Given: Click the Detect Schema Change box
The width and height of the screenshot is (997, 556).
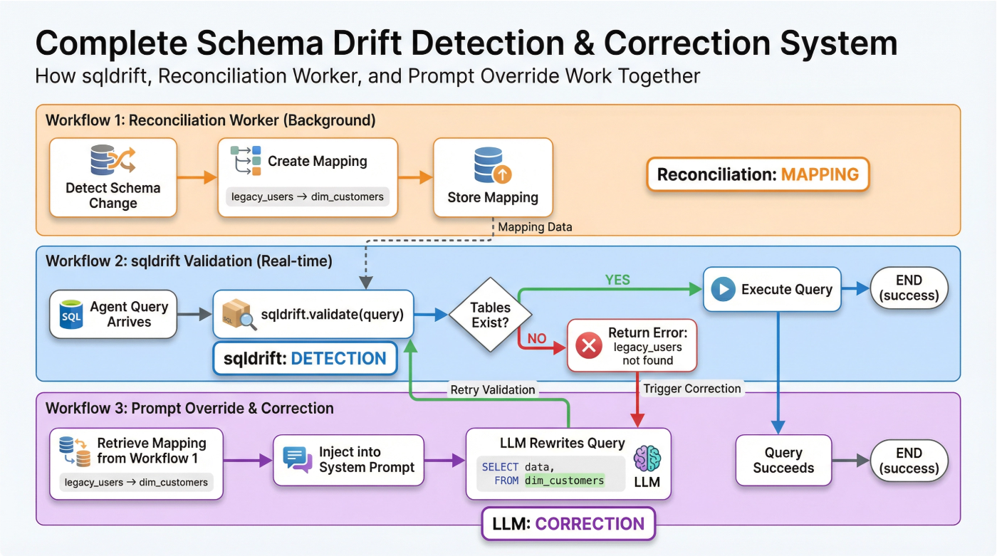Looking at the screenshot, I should [x=113, y=177].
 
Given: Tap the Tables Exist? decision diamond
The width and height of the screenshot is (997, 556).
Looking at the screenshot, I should [x=490, y=315].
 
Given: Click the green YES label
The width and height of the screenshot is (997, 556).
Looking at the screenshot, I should [x=617, y=280].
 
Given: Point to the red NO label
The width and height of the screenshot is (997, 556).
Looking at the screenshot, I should [x=537, y=338].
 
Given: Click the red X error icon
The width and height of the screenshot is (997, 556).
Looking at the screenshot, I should [x=588, y=346].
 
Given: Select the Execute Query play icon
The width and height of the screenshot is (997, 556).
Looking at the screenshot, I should [x=723, y=289].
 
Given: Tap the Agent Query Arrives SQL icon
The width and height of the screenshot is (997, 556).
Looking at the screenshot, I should [x=71, y=314].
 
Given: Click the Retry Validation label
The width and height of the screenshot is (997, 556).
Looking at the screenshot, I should [x=492, y=389].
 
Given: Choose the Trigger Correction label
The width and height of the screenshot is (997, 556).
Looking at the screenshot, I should [x=692, y=389].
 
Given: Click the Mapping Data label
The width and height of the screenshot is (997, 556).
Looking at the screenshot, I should [x=535, y=227].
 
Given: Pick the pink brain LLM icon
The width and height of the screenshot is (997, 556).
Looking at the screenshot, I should [x=647, y=457].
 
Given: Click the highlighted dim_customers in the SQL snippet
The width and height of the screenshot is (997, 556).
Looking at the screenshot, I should [x=564, y=481].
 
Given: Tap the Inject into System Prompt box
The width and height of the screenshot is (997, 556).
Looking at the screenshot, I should [x=348, y=460].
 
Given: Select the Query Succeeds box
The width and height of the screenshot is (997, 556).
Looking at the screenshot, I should [x=783, y=461].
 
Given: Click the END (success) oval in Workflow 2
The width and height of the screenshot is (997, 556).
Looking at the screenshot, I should [x=909, y=288].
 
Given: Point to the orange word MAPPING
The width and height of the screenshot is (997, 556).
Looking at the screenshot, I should [x=820, y=174].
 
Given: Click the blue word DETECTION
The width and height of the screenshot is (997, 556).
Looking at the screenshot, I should [x=339, y=358].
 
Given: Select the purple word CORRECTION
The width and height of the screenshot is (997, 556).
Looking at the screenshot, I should [x=590, y=524].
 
